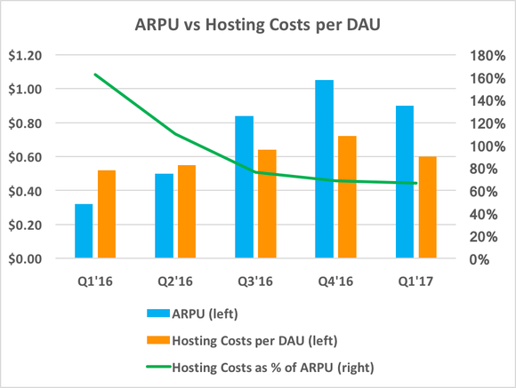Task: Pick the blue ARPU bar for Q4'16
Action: pyautogui.click(x=324, y=169)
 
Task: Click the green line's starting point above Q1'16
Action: pyautogui.click(x=95, y=75)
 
